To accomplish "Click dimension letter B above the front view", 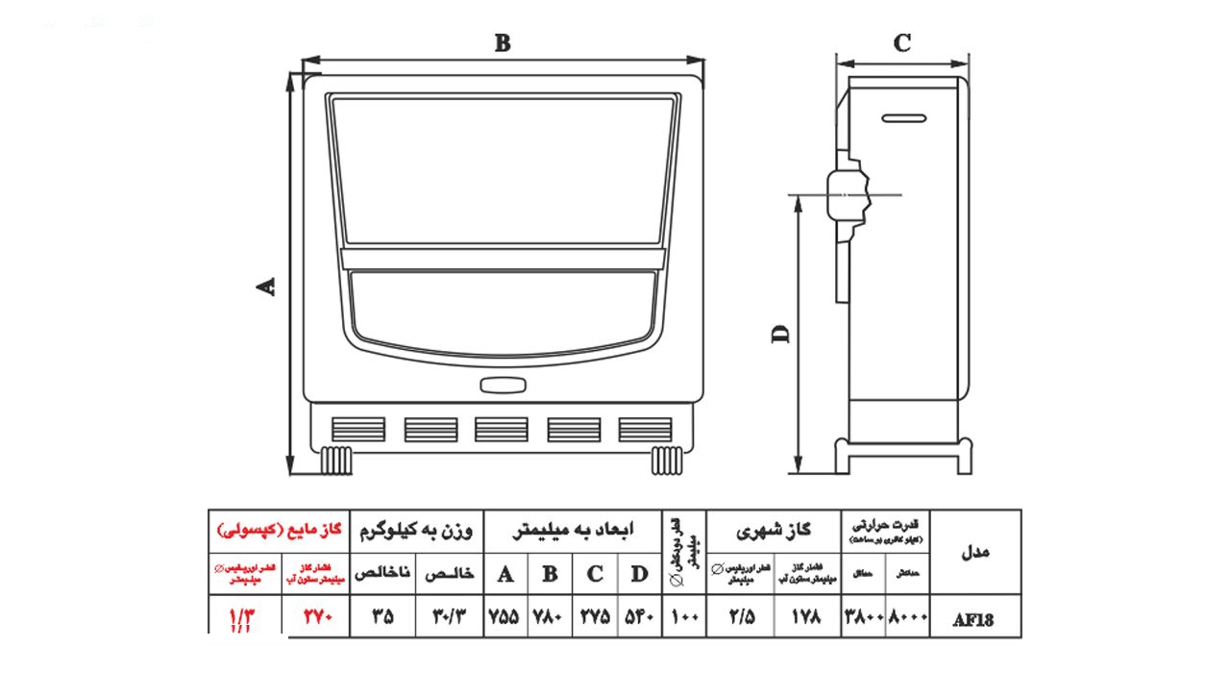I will click(503, 43).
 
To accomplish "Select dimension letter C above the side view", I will click(902, 43).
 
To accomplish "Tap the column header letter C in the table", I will click(595, 575).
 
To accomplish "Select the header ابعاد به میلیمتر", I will click(573, 530).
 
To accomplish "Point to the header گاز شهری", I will click(774, 530).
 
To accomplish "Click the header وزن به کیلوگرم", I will click(417, 530).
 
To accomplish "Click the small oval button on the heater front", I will click(503, 386).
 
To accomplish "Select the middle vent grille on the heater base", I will click(502, 429).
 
